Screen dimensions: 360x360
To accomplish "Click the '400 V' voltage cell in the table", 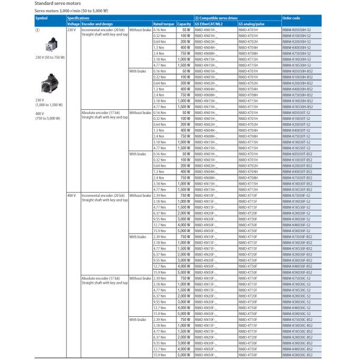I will click(x=71, y=196).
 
